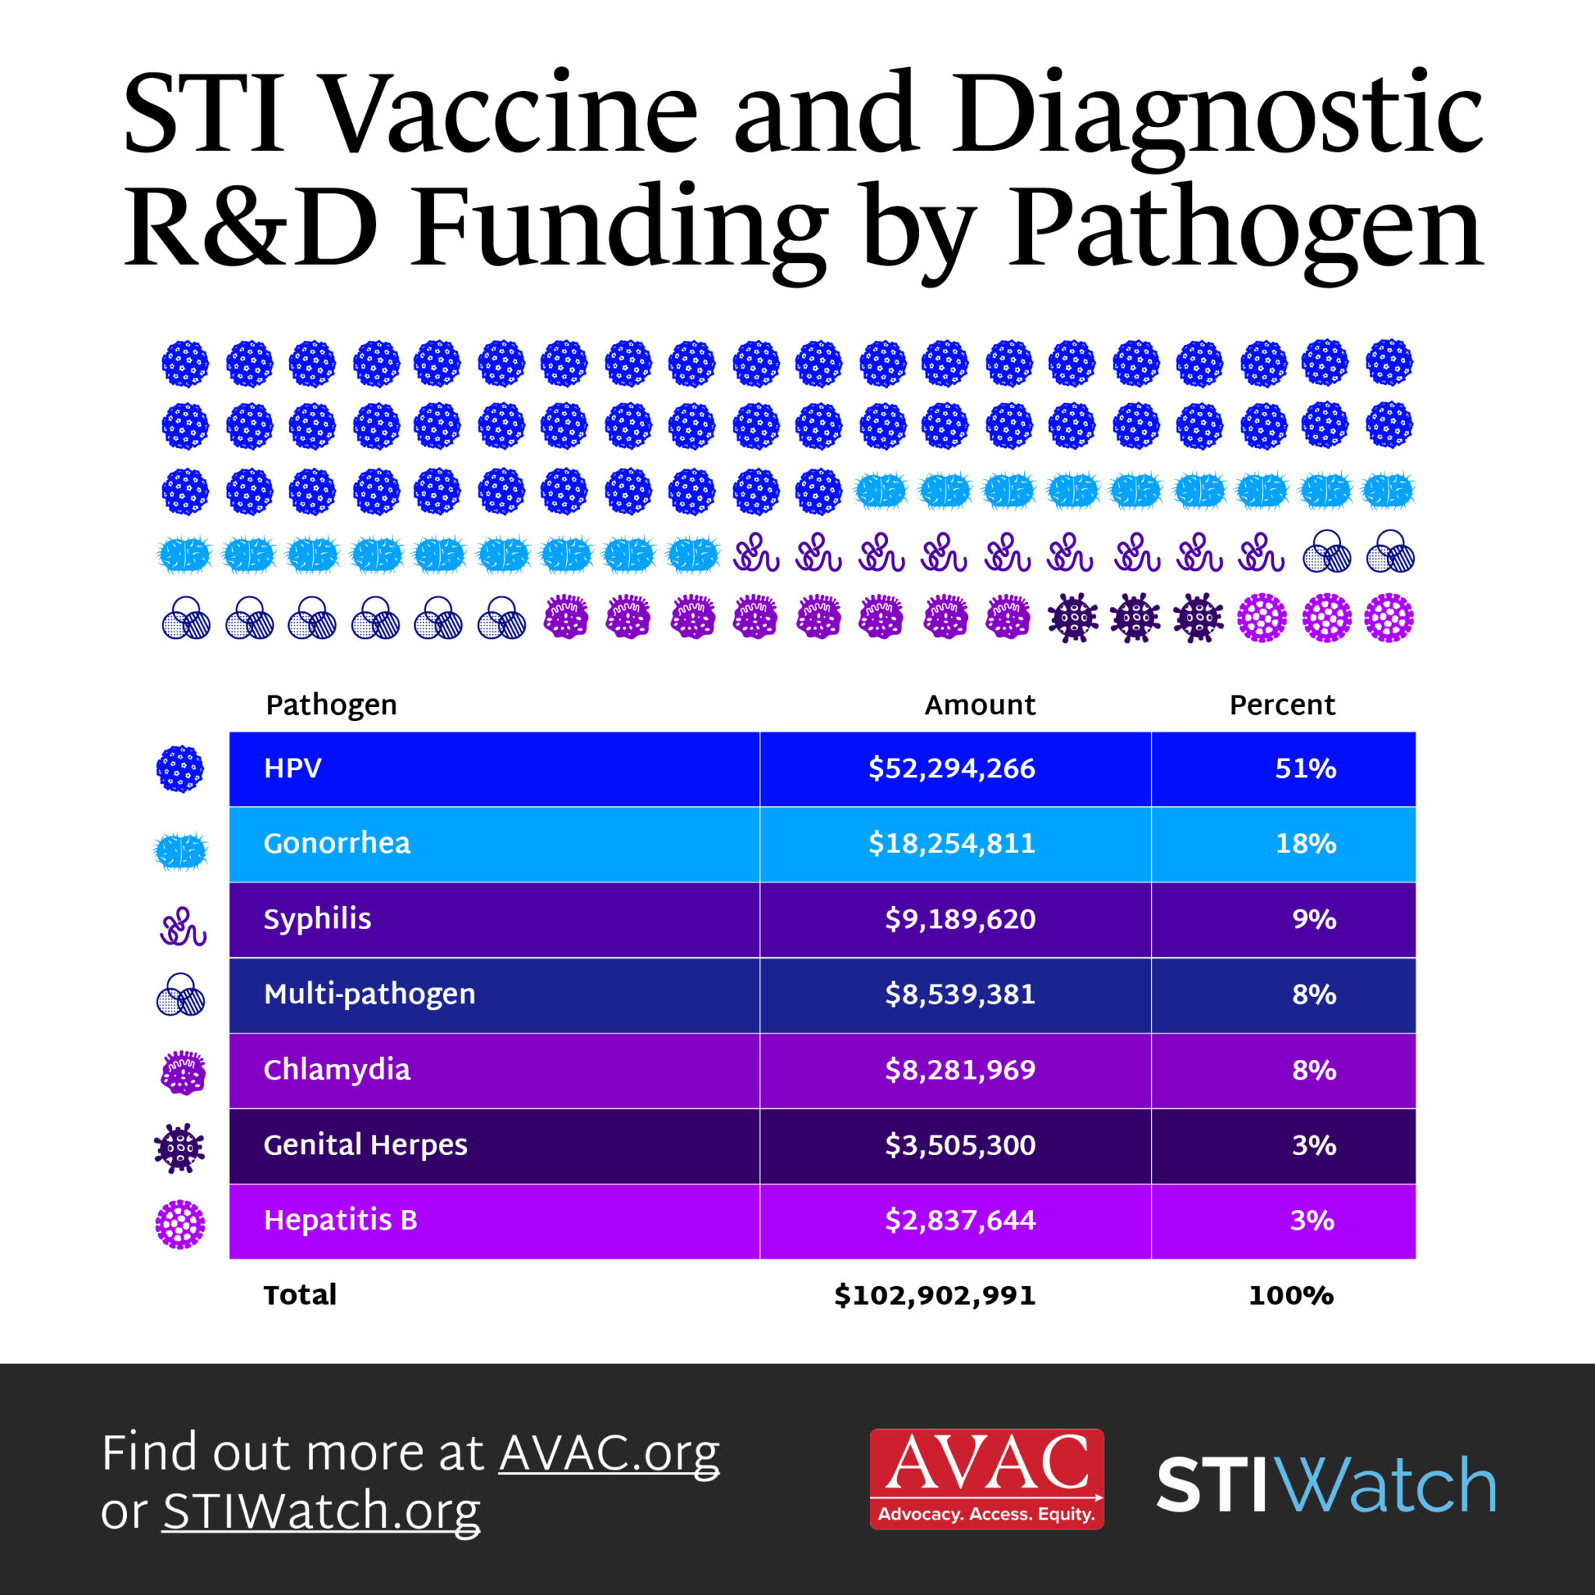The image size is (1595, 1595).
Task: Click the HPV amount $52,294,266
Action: pyautogui.click(x=951, y=769)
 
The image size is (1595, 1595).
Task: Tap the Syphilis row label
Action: pyautogui.click(x=317, y=919)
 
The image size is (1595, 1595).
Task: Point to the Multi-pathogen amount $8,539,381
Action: pyautogui.click(x=959, y=994)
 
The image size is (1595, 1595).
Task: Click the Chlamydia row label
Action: pyautogui.click(x=336, y=1070)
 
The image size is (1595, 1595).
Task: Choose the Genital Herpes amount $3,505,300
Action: pyautogui.click(x=959, y=1145)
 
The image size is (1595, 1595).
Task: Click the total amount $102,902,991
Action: pyautogui.click(x=935, y=1295)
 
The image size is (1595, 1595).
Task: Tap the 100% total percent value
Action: pyautogui.click(x=1290, y=1295)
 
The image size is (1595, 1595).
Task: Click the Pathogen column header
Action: pyautogui.click(x=331, y=705)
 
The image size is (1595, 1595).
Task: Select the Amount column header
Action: pyautogui.click(x=979, y=705)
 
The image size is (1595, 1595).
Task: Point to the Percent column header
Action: pyautogui.click(x=1281, y=705)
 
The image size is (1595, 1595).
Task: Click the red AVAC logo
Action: pyautogui.click(x=986, y=1480)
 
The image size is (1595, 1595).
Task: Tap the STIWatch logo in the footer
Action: pyautogui.click(x=1326, y=1484)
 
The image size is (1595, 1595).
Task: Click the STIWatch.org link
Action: pyautogui.click(x=321, y=1511)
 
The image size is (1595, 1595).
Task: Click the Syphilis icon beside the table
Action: pyautogui.click(x=182, y=926)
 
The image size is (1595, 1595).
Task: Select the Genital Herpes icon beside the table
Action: pyautogui.click(x=179, y=1147)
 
